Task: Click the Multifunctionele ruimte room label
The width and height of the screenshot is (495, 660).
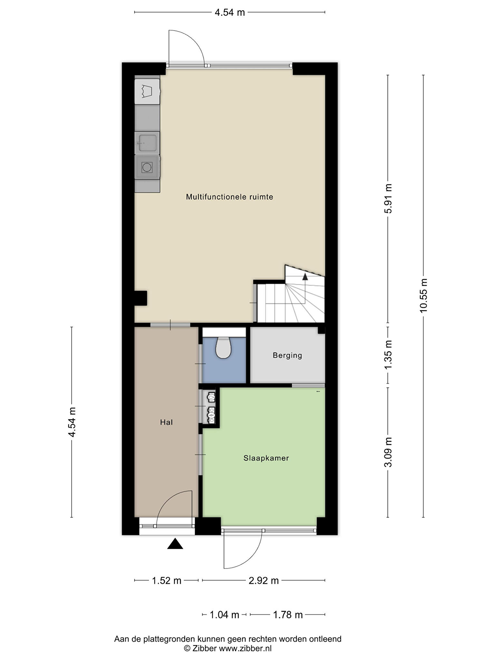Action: [x=229, y=197]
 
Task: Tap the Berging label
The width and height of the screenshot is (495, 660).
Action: [x=287, y=355]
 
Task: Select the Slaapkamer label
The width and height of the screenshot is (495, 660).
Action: [x=266, y=458]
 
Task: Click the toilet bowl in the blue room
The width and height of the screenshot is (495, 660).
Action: [x=223, y=347]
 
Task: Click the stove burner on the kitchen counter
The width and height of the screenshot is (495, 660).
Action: [x=147, y=167]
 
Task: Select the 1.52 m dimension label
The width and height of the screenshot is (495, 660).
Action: [x=167, y=580]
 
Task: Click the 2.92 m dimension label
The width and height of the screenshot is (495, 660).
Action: [x=264, y=580]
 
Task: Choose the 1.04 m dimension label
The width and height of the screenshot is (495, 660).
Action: [x=224, y=615]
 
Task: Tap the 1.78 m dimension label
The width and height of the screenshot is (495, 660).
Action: [x=288, y=615]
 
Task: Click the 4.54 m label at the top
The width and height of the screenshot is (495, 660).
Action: [x=230, y=12]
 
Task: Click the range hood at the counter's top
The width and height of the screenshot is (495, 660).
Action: [x=147, y=91]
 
